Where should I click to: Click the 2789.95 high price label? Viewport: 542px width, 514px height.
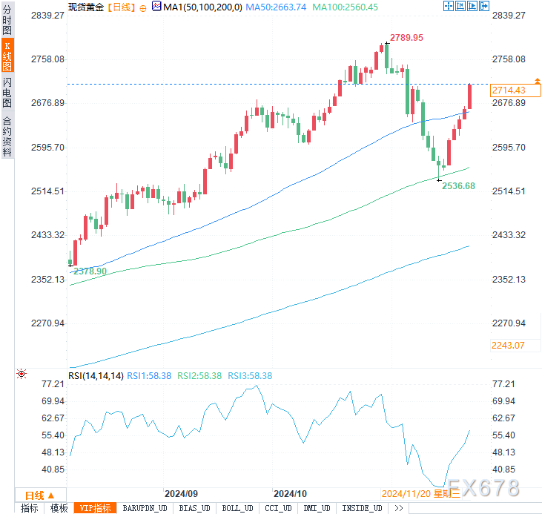coord(407,38)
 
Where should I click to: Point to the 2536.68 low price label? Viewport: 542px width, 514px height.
coord(458,186)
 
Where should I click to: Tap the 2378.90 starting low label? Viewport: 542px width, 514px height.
coord(90,271)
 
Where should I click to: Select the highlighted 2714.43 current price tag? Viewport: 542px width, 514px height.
coord(509,90)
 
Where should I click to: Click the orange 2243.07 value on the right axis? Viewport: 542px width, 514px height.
coord(508,345)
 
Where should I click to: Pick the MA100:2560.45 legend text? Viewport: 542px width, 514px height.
coord(345,7)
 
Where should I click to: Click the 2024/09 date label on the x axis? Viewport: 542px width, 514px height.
coord(181,493)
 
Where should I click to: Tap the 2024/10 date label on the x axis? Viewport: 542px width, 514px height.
coord(291,493)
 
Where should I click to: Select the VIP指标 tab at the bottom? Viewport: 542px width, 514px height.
coord(96,508)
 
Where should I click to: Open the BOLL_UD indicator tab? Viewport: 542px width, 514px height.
coord(237,508)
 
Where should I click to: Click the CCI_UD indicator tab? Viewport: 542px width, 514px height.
coord(278,508)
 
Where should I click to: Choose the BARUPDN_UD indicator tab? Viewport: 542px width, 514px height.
coord(146,508)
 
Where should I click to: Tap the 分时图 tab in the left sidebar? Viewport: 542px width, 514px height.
coord(7,22)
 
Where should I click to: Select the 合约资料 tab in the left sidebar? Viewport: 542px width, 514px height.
coord(7,136)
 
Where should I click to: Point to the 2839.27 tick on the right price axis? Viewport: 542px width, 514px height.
coord(509,15)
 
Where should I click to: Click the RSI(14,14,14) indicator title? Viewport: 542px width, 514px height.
coord(96,376)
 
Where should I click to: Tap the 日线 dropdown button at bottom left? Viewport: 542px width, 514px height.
coord(39,495)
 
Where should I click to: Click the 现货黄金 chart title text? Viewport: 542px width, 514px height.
coord(85,7)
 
